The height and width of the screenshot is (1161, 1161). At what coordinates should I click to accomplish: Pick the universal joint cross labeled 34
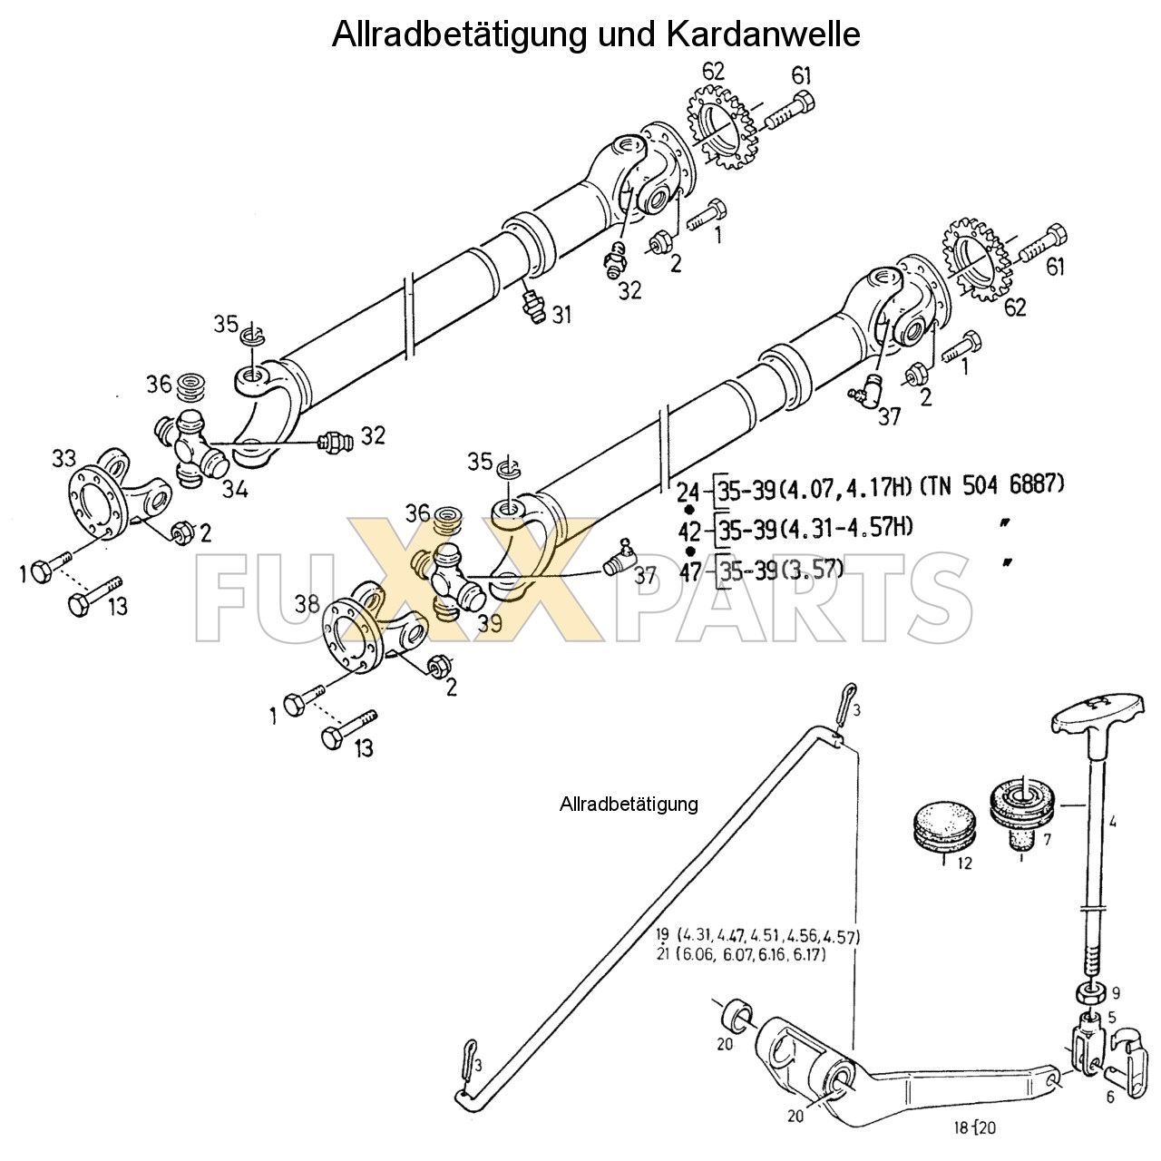(191, 444)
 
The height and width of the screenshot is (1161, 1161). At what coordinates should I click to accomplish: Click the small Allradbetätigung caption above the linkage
(629, 804)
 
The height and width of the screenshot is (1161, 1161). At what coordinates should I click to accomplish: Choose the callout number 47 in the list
(690, 571)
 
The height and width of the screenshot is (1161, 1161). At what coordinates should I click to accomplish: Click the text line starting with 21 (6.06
(740, 955)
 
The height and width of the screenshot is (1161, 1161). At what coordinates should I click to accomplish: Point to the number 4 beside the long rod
(1110, 824)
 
